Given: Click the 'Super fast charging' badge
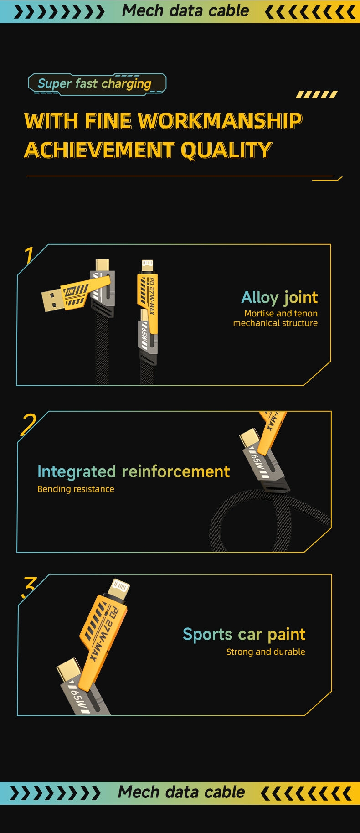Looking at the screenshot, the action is [x=97, y=84].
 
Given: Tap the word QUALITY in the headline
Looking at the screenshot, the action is [x=226, y=150].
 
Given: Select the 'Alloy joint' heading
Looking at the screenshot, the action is [x=279, y=297].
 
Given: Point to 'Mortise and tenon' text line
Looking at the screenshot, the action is [x=281, y=313].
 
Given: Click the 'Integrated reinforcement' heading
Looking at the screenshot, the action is [x=134, y=471].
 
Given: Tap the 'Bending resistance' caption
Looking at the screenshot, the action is [x=76, y=489].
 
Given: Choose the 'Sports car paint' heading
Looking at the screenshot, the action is [x=244, y=634].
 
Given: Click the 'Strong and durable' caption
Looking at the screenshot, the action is [x=266, y=652].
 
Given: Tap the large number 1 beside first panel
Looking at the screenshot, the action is [x=29, y=255].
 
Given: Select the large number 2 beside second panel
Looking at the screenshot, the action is [x=28, y=424].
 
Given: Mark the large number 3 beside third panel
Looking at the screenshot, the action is [x=29, y=587].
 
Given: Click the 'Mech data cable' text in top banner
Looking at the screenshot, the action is [x=185, y=11].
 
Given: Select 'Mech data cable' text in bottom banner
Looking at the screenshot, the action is [x=181, y=792].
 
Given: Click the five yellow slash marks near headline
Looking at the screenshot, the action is [x=317, y=94].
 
